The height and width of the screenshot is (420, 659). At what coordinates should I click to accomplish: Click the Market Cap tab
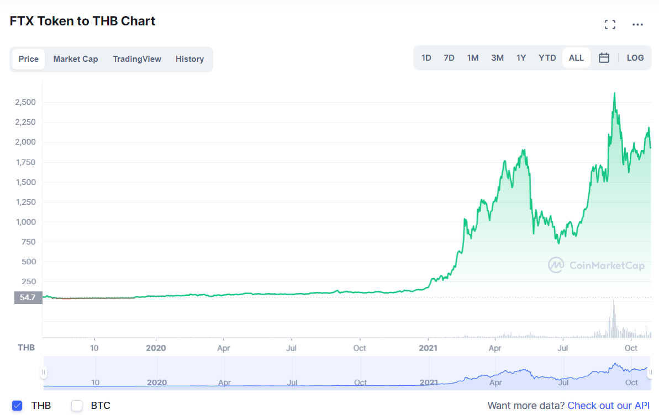point(76,59)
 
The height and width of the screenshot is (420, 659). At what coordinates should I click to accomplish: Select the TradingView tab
point(137,59)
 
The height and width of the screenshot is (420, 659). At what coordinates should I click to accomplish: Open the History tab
point(189,59)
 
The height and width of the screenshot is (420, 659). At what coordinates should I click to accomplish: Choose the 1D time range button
point(426,58)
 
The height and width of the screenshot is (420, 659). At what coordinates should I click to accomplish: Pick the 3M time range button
point(497,58)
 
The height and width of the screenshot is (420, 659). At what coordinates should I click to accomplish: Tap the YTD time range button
point(547,58)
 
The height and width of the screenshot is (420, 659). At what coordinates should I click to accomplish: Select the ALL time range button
point(576,58)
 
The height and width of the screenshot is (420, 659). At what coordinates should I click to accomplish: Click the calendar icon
point(604,58)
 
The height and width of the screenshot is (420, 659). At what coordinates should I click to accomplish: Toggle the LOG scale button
point(635,58)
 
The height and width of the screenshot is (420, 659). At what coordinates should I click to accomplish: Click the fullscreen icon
point(610,25)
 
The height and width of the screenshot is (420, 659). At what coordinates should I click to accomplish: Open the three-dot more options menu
point(637,25)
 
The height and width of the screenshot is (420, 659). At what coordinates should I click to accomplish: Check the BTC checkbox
point(76,405)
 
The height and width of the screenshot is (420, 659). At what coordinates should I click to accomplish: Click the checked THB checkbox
point(17,405)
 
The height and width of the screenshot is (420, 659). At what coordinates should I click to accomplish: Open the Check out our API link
point(609,406)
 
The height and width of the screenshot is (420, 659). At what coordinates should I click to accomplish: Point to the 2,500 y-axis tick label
point(25,102)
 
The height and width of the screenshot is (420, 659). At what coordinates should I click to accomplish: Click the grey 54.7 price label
point(28,298)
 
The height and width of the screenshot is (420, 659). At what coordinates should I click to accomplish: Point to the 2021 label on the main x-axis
point(428,348)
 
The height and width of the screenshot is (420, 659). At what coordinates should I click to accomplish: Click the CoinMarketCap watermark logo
point(556,265)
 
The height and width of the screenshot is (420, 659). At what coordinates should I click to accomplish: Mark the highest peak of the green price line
point(615,93)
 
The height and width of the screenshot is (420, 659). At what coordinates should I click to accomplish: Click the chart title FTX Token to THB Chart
point(82,21)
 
